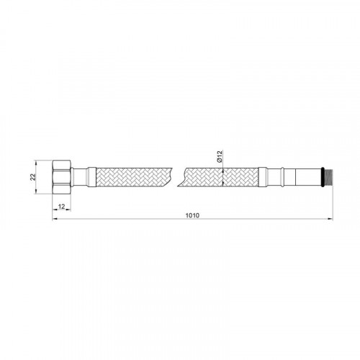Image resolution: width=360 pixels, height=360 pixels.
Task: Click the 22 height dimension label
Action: coord(32,177)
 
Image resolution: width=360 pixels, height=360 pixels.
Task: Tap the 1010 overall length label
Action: coord(192,215)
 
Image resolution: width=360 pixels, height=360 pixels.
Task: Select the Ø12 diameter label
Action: coord(220,156)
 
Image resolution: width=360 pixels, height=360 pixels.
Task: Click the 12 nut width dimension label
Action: coord(62,207)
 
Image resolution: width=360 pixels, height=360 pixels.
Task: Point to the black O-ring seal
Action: coord(323,177)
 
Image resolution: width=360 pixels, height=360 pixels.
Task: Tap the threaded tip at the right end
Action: coord(329,177)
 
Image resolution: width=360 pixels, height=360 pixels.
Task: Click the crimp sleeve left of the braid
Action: coord(92,177)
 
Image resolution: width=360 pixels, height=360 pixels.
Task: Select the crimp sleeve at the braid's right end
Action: coord(263,177)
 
